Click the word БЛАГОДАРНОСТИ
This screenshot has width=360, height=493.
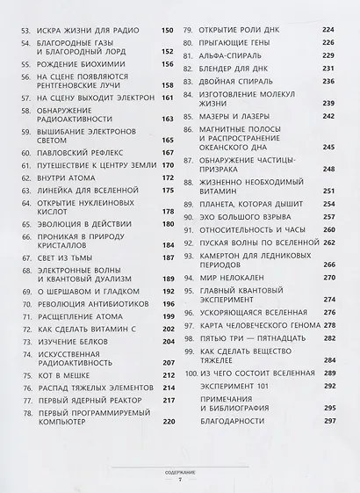[x=237, y=420]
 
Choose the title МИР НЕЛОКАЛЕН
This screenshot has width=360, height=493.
[x=232, y=276]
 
